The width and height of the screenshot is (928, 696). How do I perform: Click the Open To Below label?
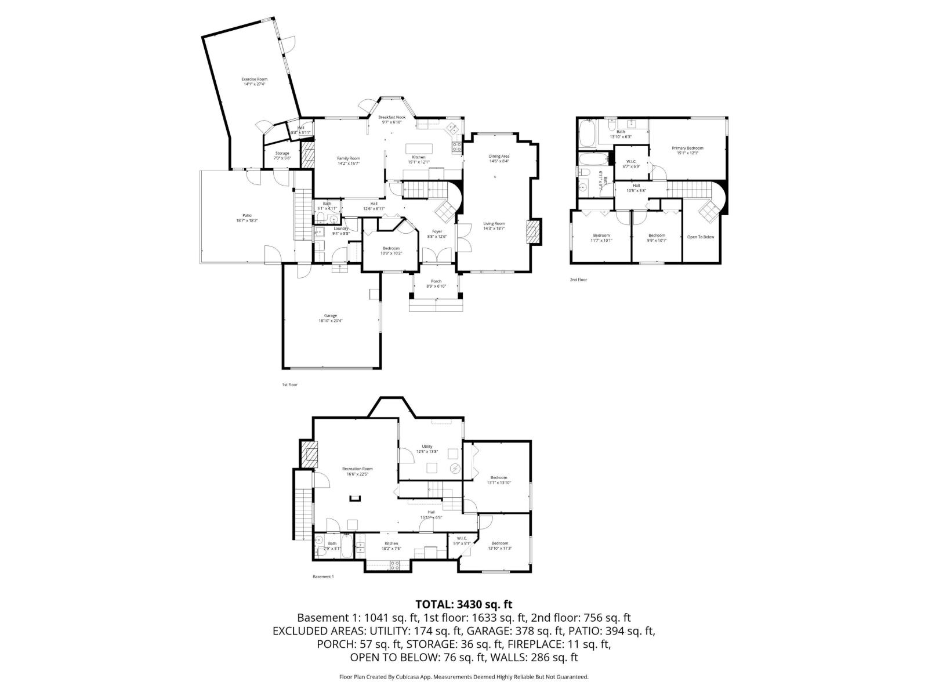(x=701, y=237)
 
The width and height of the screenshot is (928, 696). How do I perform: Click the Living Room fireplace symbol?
(x=533, y=232)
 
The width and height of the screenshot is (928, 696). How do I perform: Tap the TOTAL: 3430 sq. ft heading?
(x=463, y=605)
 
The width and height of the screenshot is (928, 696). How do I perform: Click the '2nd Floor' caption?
(x=578, y=280)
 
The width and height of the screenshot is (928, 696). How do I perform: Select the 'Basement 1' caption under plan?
(x=323, y=577)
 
